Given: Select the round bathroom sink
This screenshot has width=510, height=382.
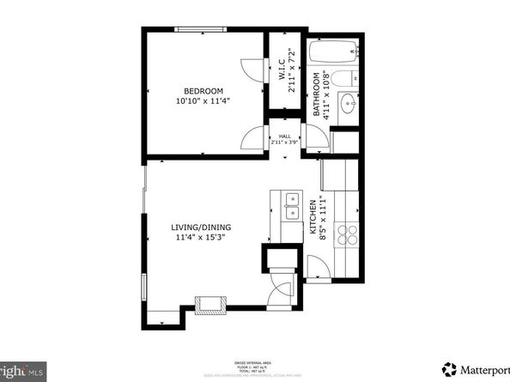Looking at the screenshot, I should [x=349, y=106].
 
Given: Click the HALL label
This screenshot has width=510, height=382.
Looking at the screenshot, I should [x=284, y=136].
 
